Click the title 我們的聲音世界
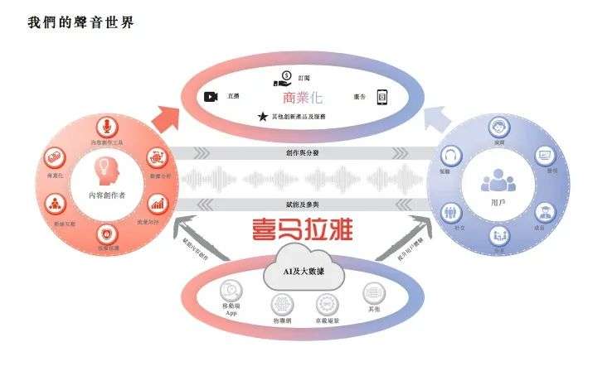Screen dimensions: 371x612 [x=80, y=23]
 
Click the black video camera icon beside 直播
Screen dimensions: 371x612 [x=211, y=97]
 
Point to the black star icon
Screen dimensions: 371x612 [x=263, y=117]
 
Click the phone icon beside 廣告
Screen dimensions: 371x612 [x=382, y=97]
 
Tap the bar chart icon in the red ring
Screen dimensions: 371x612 [x=158, y=202]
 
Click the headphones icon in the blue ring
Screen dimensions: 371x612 [x=452, y=156]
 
